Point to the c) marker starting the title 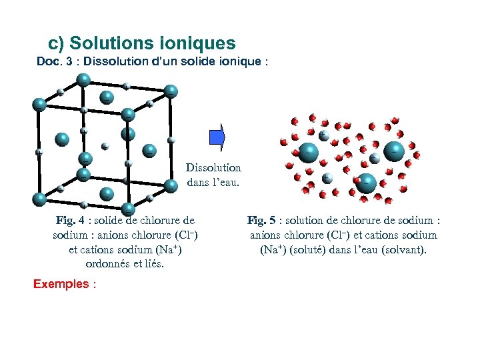[57, 44]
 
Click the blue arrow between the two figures [217, 137]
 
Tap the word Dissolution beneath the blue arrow [213, 169]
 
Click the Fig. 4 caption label [69, 221]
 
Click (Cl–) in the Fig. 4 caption [184, 235]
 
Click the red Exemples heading [61, 284]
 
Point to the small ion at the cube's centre [105, 145]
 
